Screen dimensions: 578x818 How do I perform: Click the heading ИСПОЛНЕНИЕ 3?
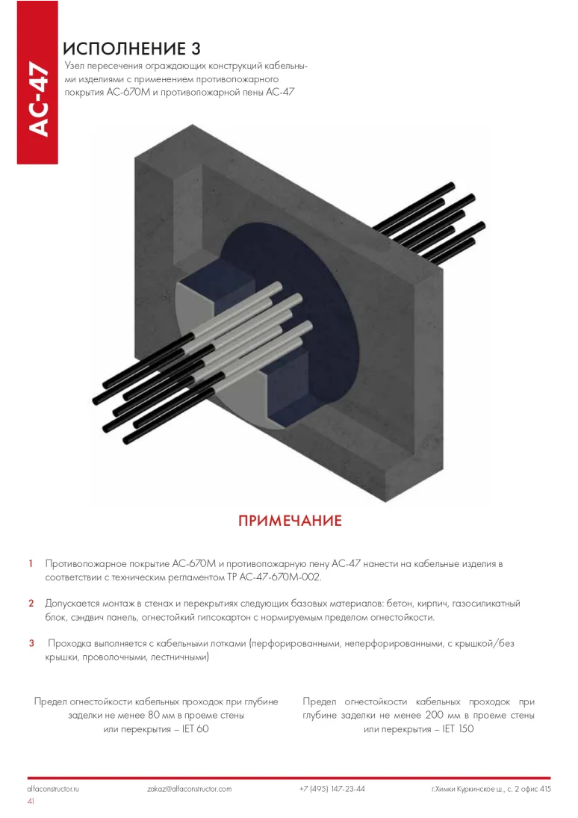(x=131, y=49)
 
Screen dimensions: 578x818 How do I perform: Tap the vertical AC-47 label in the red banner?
(x=39, y=99)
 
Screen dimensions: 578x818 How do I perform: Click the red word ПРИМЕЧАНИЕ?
(x=290, y=521)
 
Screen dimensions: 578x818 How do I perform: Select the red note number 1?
(x=31, y=563)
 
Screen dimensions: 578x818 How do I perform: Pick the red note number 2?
(x=31, y=604)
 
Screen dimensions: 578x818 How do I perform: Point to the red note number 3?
(x=31, y=643)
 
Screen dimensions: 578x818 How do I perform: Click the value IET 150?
(x=458, y=729)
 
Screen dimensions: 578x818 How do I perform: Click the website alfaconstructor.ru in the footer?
(x=53, y=789)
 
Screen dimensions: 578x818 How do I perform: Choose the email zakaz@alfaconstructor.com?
(x=190, y=789)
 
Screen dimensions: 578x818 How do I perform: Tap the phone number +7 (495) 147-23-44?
(x=332, y=789)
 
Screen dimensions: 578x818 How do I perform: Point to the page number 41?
(x=31, y=802)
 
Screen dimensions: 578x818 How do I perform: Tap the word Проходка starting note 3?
(x=70, y=644)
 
